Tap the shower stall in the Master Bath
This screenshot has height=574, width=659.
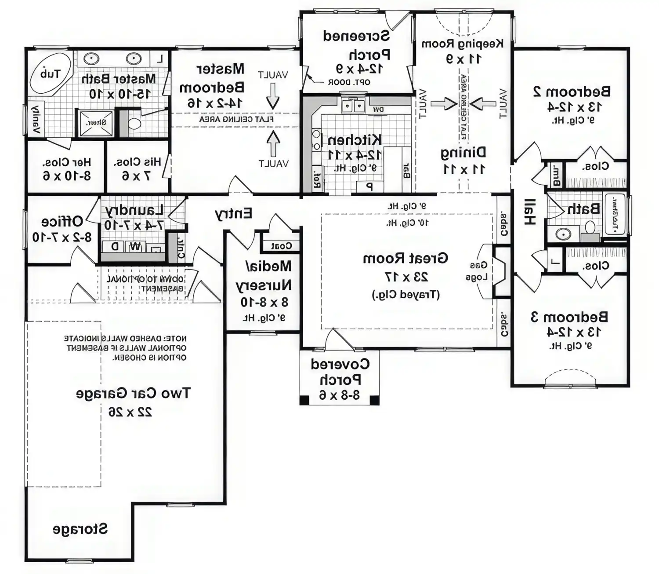click(x=95, y=123)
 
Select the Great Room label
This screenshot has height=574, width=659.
click(x=405, y=258)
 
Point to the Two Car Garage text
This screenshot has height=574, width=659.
click(x=133, y=393)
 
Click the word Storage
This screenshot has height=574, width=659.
click(x=80, y=529)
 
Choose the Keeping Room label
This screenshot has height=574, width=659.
click(x=462, y=44)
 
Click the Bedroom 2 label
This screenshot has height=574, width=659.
click(x=572, y=91)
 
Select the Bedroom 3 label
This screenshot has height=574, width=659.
click(x=569, y=317)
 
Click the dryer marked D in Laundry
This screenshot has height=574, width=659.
click(x=114, y=247)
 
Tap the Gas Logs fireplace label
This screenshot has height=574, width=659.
click(x=478, y=271)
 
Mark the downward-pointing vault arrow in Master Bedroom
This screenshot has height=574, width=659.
click(x=273, y=96)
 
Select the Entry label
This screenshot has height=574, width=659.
click(x=233, y=214)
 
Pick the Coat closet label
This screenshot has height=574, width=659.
click(x=281, y=246)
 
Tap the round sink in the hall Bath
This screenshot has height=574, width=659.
click(x=563, y=234)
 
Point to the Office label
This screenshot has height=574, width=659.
click(x=62, y=221)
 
